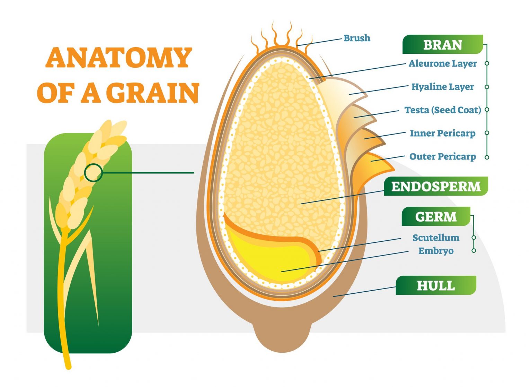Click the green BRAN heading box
tap(442, 45)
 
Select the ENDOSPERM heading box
tap(436, 187)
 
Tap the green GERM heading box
tap(436, 217)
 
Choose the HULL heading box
tap(436, 286)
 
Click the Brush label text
tap(357, 38)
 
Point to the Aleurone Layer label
tap(443, 64)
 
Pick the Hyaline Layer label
tap(442, 87)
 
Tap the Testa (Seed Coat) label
tap(443, 110)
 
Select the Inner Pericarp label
tap(443, 133)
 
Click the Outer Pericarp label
tap(443, 156)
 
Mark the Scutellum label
tap(436, 238)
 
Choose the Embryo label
tap(436, 251)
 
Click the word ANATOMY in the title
tap(118, 58)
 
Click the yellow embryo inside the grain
tap(274, 260)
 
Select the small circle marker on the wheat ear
tap(94, 172)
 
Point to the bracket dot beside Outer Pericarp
tap(487, 157)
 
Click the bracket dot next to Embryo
tap(474, 250)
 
